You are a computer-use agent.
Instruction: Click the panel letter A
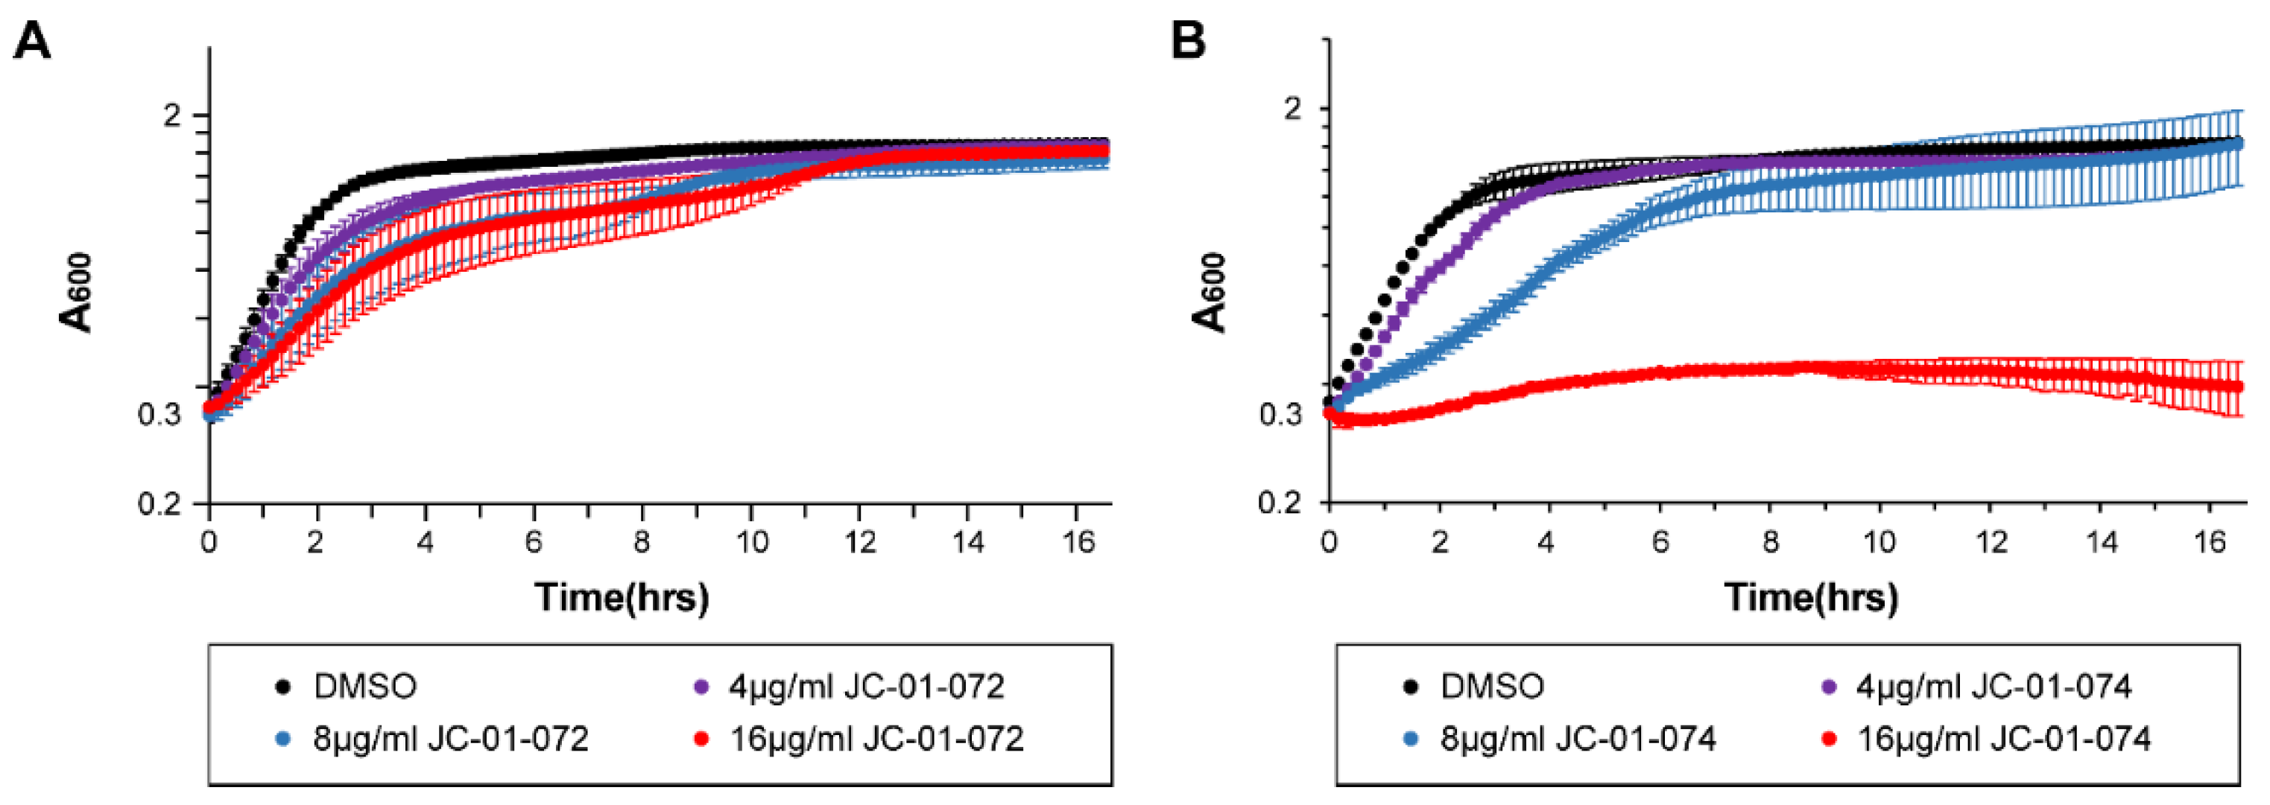pos(32,42)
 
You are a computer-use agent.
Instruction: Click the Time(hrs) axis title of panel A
pos(622,597)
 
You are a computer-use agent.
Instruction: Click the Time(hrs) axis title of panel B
pos(1811,597)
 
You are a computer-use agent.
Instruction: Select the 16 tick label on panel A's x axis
pos(1077,541)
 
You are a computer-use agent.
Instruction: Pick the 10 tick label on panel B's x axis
pos(1879,541)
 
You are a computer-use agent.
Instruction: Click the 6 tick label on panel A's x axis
pos(534,541)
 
